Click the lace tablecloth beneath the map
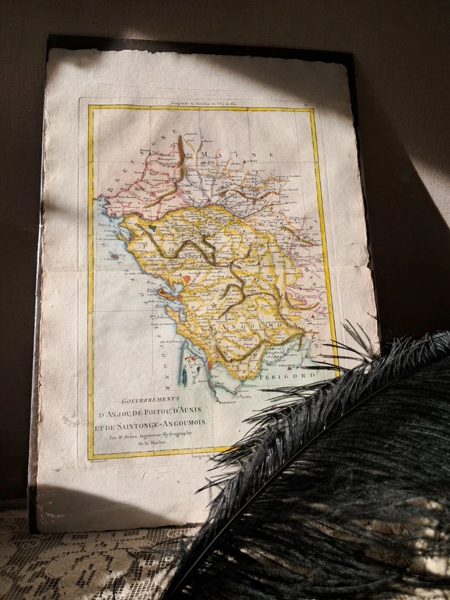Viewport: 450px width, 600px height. pyautogui.click(x=75, y=562)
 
